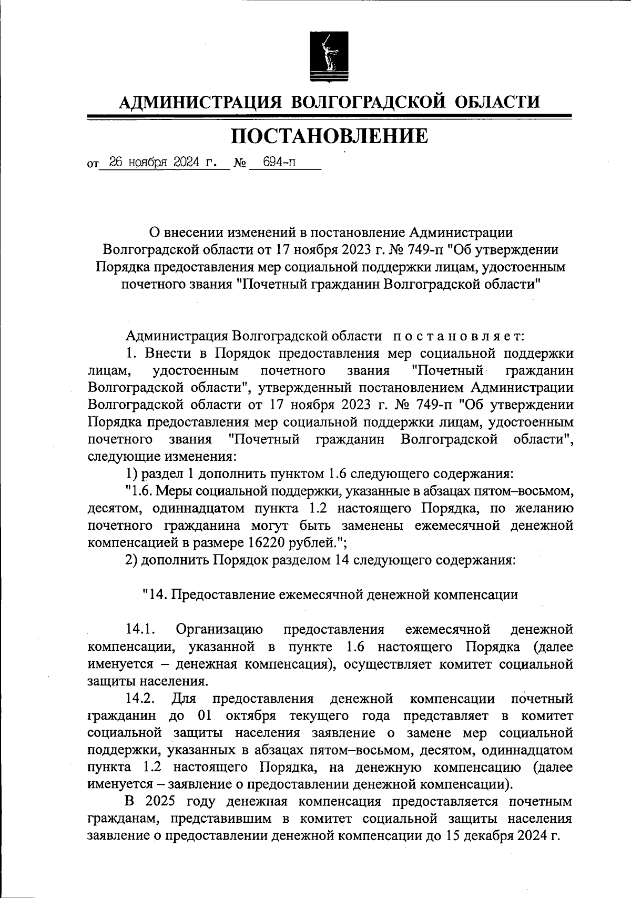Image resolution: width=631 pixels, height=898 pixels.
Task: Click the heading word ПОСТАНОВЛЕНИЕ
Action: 329,136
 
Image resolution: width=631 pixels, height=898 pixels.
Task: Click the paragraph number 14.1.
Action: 139,629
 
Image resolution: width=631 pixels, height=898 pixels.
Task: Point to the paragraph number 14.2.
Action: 140,699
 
